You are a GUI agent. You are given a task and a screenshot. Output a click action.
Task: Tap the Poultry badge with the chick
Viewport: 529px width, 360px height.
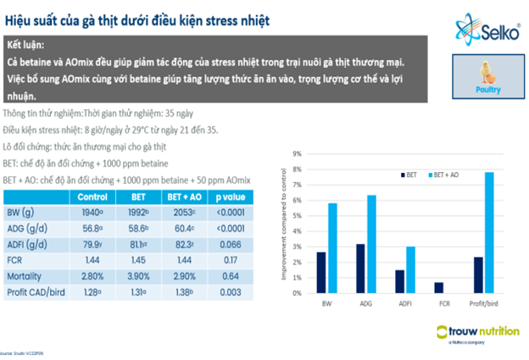[x=487, y=78]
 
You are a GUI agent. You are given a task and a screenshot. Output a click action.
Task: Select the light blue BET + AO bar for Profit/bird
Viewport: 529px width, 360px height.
[x=488, y=233]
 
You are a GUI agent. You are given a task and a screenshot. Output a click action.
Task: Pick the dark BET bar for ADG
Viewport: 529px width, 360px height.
[x=360, y=269]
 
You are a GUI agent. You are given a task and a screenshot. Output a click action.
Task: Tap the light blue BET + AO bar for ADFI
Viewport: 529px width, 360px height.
[x=410, y=270]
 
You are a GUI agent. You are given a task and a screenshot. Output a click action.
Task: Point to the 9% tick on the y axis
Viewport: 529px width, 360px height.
[x=297, y=154]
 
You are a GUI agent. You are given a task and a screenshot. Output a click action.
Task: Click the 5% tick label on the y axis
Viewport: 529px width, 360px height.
[x=297, y=216]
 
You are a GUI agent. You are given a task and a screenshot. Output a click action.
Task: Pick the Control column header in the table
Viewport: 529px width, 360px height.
[x=91, y=196]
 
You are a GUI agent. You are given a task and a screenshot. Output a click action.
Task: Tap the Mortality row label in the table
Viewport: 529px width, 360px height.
[x=25, y=276]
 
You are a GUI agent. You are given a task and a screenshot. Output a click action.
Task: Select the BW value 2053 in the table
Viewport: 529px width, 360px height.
[x=185, y=212]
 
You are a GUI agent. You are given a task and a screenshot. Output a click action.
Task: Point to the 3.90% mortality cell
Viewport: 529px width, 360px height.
[x=138, y=276]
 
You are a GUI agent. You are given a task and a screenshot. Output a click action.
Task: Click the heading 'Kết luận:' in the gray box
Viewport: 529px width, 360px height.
[x=27, y=45]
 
